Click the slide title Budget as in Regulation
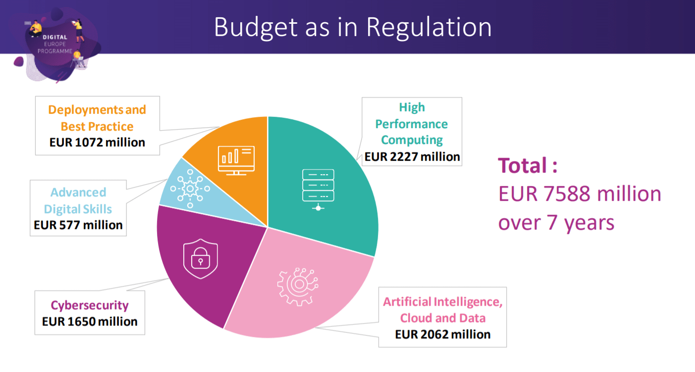coord(353,28)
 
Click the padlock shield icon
coord(200,259)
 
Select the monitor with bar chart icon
coord(236,160)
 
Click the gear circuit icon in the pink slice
coord(297,285)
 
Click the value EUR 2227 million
coord(412,157)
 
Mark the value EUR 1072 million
coord(97,142)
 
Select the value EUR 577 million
coord(78,225)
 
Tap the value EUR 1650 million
coord(90,322)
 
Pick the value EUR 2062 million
coord(442,334)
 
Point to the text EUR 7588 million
coord(579,193)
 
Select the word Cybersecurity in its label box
coord(90,305)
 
